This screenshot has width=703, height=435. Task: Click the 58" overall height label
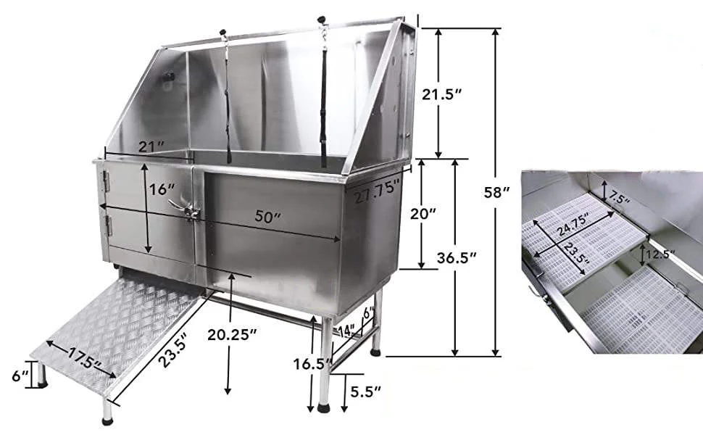(497, 193)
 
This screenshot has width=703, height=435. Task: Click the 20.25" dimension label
(232, 334)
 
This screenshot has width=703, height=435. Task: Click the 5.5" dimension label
(365, 392)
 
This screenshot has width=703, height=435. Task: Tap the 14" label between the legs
(346, 331)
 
